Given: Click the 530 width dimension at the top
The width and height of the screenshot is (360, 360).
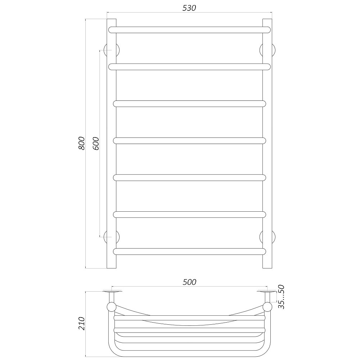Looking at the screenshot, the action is point(189,8).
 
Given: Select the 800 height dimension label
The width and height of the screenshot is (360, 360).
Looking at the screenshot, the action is point(82,143).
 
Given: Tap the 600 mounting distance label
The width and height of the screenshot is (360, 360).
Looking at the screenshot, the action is point(96,144).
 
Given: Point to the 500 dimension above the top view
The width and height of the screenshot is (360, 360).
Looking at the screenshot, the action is point(189,282).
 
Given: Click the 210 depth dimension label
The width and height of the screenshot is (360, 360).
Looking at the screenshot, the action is point(82,324).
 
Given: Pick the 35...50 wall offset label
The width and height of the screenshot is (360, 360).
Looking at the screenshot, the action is point(282,297).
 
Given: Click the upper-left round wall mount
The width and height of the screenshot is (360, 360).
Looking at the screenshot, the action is point(112,50).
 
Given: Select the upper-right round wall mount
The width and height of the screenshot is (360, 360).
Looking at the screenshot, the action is point(267,50).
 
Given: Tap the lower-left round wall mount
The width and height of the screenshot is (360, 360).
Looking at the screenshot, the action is point(112,237).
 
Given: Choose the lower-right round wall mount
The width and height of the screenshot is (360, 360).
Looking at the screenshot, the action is point(267,237).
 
